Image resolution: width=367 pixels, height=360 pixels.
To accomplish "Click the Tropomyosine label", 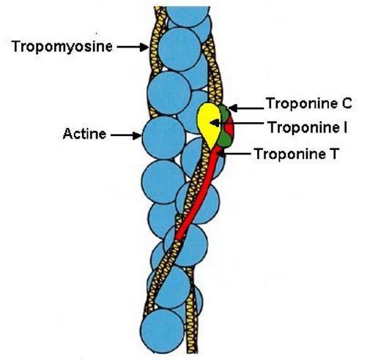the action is tap(62, 47).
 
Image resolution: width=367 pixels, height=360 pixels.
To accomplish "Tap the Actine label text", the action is tap(84, 134).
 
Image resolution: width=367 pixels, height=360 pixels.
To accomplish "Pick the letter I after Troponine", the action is tap(345, 127).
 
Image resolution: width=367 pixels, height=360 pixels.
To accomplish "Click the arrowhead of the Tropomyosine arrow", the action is tap(144, 47).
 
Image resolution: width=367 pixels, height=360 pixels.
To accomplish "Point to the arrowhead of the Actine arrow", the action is tap(138, 135).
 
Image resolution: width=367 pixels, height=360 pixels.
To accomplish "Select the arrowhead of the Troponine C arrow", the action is tap(233, 108).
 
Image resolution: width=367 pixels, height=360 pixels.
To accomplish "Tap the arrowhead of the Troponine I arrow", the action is tap(214, 123).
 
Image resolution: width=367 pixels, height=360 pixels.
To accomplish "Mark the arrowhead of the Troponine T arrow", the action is tap(220, 154).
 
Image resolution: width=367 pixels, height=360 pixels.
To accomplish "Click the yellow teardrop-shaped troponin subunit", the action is tap(209, 123).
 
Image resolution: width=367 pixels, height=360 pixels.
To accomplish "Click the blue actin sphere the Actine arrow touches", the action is tap(164, 138).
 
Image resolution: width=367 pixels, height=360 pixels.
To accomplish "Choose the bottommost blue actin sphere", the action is tap(163, 331).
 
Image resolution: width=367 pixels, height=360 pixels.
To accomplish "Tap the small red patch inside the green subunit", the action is tap(229, 127).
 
